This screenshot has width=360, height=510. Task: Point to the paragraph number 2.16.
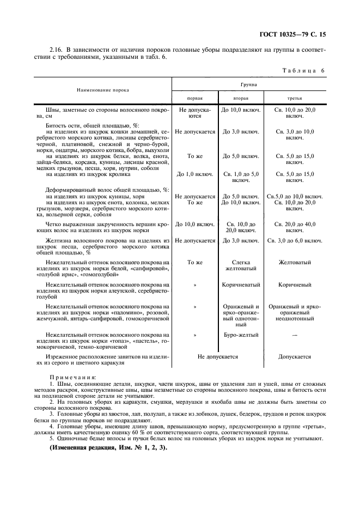pyautogui.click(x=56, y=50)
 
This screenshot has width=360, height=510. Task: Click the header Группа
pyautogui.click(x=249, y=85)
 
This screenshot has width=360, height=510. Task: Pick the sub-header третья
pyautogui.click(x=295, y=98)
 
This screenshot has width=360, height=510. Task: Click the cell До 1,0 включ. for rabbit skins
pyautogui.click(x=195, y=174)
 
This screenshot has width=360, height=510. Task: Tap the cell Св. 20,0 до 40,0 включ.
pyautogui.click(x=295, y=227)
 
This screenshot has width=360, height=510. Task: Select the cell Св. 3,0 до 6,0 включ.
pyautogui.click(x=295, y=240)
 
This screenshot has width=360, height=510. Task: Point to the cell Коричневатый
pyautogui.click(x=241, y=284)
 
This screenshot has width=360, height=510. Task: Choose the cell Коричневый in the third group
pyautogui.click(x=295, y=284)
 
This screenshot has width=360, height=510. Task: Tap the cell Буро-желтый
pyautogui.click(x=241, y=335)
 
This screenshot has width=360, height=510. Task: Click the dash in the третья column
pyautogui.click(x=295, y=335)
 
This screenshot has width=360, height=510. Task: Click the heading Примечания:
pyautogui.click(x=72, y=377)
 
